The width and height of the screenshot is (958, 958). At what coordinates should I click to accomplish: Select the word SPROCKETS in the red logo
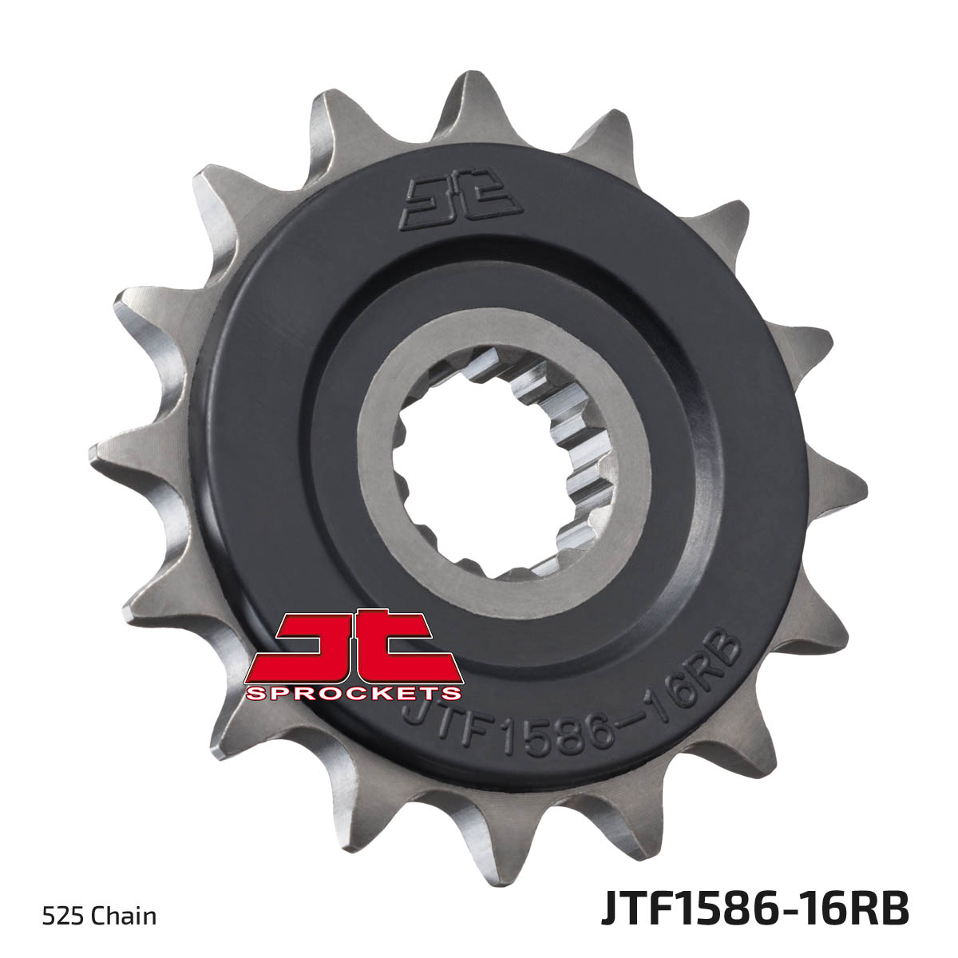[x=352, y=693]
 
